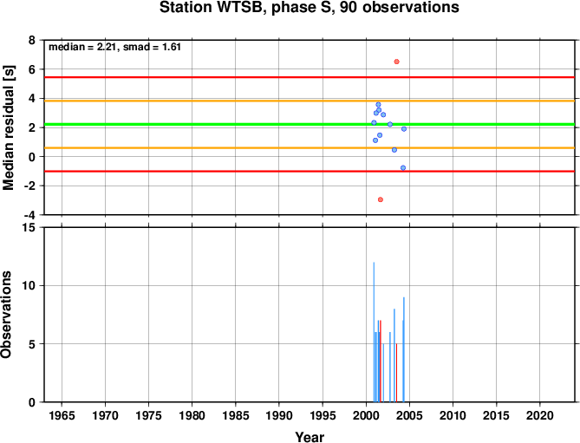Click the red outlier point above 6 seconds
[396, 62]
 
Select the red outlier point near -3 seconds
[381, 199]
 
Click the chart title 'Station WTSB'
[212, 8]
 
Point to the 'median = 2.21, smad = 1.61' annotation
[114, 47]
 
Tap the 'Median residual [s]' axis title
[8, 127]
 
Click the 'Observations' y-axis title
[6, 315]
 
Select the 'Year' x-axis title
[310, 437]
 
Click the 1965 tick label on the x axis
[62, 415]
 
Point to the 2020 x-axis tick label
[539, 415]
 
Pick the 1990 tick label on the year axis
[279, 415]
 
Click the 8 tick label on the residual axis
[32, 40]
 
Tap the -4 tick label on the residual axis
[29, 215]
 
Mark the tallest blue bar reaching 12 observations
[374, 332]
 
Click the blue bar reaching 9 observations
[403, 349]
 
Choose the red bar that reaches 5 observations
[396, 373]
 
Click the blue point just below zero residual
[403, 168]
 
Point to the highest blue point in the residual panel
[378, 105]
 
